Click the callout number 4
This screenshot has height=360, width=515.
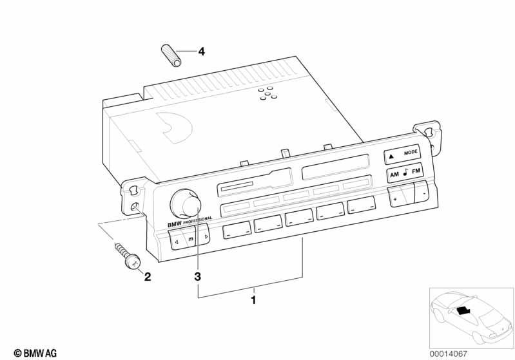[201, 52]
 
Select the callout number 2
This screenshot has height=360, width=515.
[148, 277]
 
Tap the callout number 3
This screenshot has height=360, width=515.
[197, 276]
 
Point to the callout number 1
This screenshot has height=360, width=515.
[253, 300]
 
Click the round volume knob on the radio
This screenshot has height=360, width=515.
[185, 204]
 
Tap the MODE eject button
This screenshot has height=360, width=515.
[402, 154]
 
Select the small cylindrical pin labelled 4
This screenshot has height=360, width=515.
[171, 55]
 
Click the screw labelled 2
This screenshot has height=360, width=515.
[128, 255]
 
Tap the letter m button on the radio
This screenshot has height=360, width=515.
[190, 238]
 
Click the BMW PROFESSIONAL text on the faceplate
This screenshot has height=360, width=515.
[189, 222]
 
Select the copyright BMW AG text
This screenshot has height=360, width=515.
[35, 353]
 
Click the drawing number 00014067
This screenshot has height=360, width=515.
[449, 354]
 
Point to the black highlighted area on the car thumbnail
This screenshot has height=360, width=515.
[463, 310]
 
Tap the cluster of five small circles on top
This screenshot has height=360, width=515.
[267, 93]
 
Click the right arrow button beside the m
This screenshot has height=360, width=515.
[202, 235]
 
